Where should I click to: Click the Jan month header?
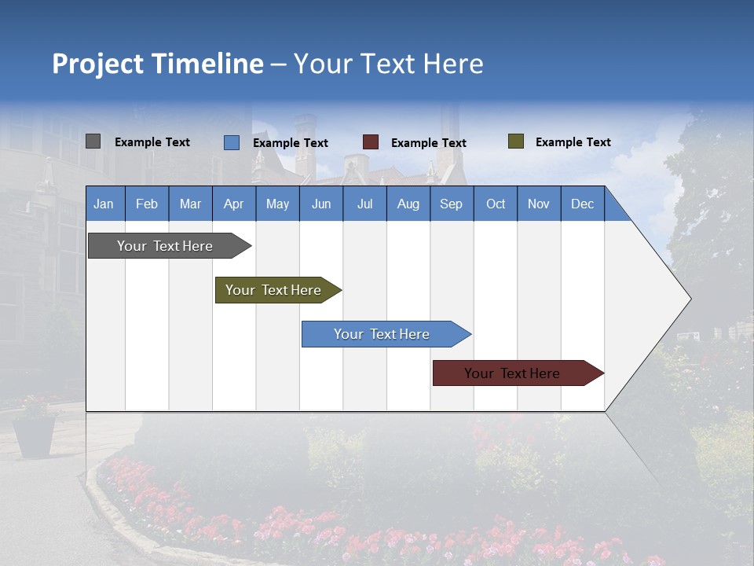(x=104, y=204)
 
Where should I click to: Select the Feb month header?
(x=147, y=204)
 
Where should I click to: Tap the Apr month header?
(x=233, y=204)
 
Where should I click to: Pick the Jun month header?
(x=321, y=204)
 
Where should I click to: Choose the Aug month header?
(x=408, y=204)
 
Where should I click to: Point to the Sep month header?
(x=451, y=204)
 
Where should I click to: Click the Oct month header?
(x=496, y=204)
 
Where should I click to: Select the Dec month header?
(x=582, y=204)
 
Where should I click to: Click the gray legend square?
(x=93, y=141)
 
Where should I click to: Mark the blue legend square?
(x=232, y=142)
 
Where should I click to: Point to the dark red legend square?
(x=371, y=142)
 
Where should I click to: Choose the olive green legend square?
(x=516, y=141)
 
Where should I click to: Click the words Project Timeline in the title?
(x=158, y=64)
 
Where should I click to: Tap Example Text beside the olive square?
(x=573, y=142)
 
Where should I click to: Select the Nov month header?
(x=539, y=204)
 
